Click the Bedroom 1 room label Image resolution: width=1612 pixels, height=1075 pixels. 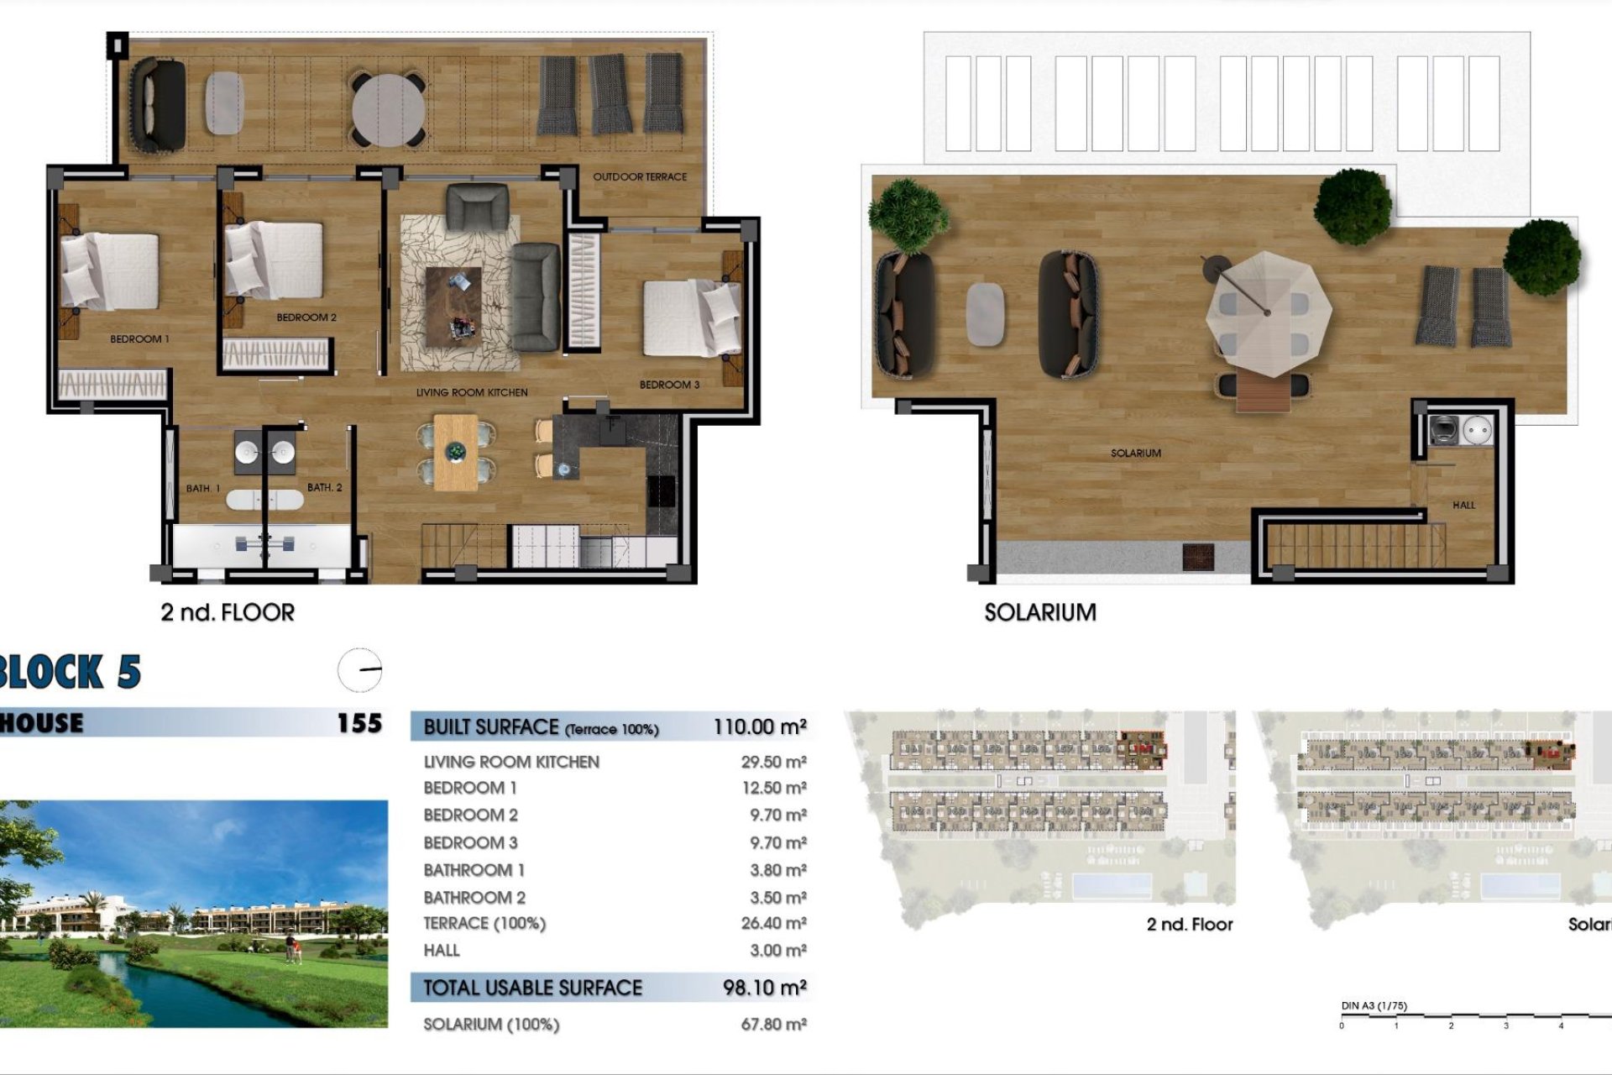(x=139, y=339)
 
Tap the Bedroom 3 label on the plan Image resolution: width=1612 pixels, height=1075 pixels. (x=669, y=385)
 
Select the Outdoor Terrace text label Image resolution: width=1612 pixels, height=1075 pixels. (x=640, y=177)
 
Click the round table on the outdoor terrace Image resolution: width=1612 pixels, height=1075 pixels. (x=388, y=108)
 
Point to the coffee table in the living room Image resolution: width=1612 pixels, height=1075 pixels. (x=453, y=307)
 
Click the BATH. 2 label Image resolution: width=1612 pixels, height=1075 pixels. (x=324, y=488)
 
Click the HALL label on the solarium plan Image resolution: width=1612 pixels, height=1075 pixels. (x=1463, y=506)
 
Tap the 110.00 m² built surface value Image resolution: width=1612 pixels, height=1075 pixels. (x=760, y=727)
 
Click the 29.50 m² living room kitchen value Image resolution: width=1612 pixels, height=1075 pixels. (x=773, y=763)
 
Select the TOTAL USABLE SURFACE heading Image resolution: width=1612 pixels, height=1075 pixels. (x=532, y=988)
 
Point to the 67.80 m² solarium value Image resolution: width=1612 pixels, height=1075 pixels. (x=773, y=1025)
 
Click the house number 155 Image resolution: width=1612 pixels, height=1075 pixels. (x=359, y=723)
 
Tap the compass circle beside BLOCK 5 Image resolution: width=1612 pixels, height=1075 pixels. (x=360, y=670)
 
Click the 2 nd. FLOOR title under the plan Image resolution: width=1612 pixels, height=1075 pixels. (x=228, y=613)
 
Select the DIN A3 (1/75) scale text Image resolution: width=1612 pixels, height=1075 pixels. (x=1374, y=1006)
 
